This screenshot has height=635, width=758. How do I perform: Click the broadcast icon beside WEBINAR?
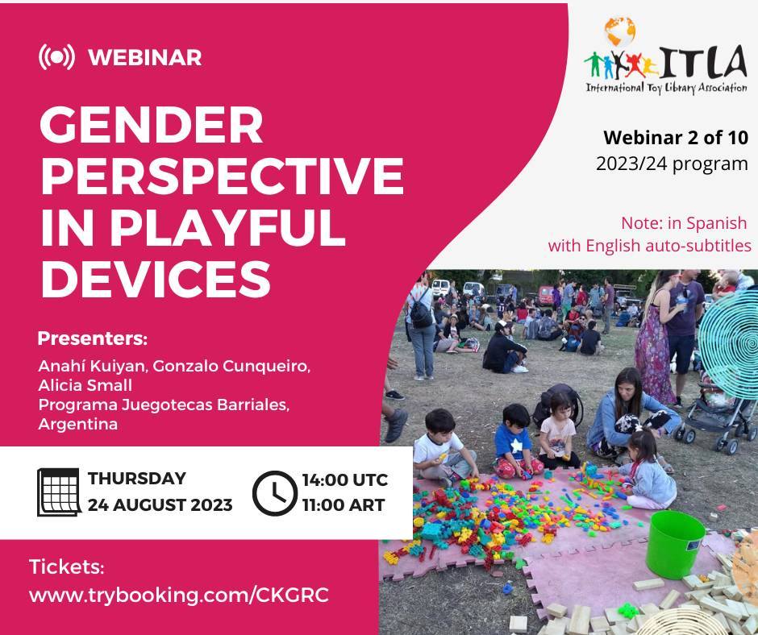point(56,57)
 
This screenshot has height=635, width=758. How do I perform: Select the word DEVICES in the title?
point(155,279)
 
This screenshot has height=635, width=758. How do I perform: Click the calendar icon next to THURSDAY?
point(59,492)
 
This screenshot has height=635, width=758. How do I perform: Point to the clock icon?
point(275,493)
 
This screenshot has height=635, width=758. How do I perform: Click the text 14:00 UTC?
point(345,479)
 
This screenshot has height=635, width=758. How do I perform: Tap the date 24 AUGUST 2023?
point(160,505)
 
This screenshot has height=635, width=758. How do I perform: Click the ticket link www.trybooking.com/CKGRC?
point(179,595)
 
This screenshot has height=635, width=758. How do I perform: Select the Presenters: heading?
point(93,338)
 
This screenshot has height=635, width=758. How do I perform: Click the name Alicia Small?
point(85,385)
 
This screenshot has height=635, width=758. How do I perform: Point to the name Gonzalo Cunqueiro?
point(231,366)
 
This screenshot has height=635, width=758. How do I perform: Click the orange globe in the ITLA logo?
point(620,31)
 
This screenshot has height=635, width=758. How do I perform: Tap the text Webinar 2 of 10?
point(675,138)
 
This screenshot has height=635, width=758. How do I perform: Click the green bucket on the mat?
point(675,544)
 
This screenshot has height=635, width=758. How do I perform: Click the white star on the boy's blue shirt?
point(516,446)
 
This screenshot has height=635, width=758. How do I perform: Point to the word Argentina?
point(78,424)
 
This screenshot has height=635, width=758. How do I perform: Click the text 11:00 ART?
point(344,505)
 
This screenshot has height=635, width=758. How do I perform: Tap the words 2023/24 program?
point(672,164)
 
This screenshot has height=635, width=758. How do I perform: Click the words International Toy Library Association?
point(667,88)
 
